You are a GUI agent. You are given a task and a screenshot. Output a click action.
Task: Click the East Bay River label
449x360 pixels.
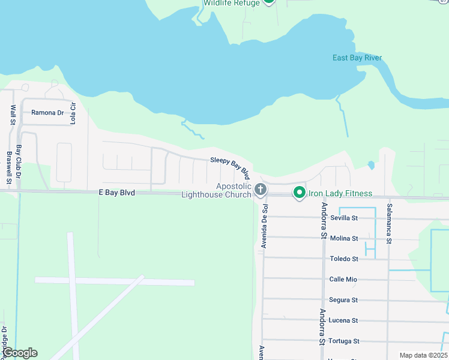357,58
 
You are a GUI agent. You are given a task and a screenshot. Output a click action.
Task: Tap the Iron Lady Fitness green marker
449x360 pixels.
299,193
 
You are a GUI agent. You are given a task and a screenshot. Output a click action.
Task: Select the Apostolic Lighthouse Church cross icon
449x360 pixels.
261,190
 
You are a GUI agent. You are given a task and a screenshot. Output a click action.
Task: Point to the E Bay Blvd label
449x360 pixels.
116,193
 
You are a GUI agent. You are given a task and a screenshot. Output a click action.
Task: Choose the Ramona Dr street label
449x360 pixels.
47,112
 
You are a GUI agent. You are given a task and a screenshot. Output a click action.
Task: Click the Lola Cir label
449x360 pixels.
73,113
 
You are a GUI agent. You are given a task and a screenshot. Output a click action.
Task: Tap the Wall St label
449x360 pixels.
13,115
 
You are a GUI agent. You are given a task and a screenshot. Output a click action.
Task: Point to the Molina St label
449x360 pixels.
344,238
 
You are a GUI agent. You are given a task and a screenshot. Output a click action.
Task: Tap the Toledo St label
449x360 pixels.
344,259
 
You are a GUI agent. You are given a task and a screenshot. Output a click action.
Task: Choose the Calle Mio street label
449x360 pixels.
343,279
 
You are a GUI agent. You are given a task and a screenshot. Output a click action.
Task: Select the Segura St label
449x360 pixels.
343,299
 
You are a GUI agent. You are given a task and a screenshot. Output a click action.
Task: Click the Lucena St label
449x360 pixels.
343,320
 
